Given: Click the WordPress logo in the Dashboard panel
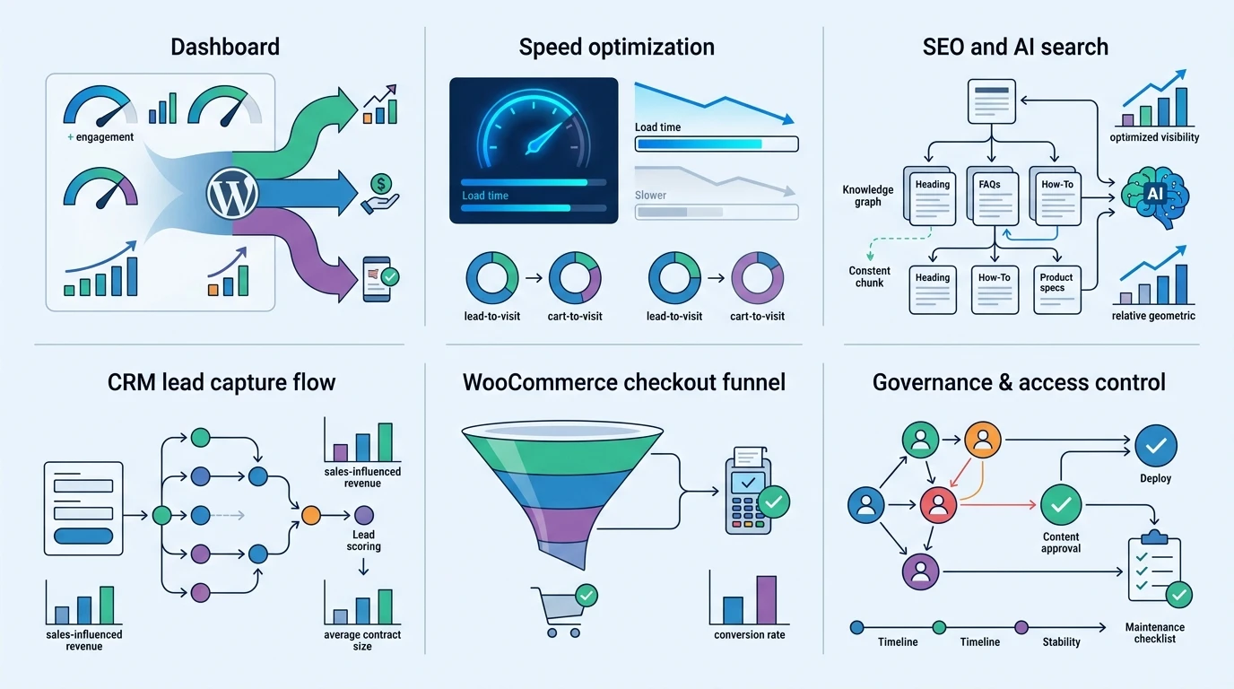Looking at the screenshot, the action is [x=232, y=194].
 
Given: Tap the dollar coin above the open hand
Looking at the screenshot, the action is [x=381, y=184].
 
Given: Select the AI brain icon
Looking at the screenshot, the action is [x=1155, y=197].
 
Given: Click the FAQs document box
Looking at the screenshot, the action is [x=993, y=196].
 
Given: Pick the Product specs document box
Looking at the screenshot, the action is [x=1057, y=290].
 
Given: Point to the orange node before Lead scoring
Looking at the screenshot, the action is [x=310, y=515].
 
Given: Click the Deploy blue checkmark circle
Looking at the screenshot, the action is [x=1156, y=445].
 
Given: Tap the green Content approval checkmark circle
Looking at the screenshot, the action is [x=1061, y=505].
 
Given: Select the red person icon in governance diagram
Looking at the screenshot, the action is [x=938, y=505].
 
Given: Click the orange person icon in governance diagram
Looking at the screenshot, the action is [x=983, y=440].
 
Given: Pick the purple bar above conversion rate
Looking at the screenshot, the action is [x=766, y=599].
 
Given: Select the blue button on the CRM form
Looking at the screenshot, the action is [x=83, y=536].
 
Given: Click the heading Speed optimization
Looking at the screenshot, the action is [x=616, y=47].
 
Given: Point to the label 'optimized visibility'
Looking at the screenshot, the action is [x=1154, y=137].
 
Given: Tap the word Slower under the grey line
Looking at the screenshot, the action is [x=650, y=195].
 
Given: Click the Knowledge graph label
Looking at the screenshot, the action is [x=868, y=196].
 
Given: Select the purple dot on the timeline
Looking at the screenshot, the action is [x=1021, y=627].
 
